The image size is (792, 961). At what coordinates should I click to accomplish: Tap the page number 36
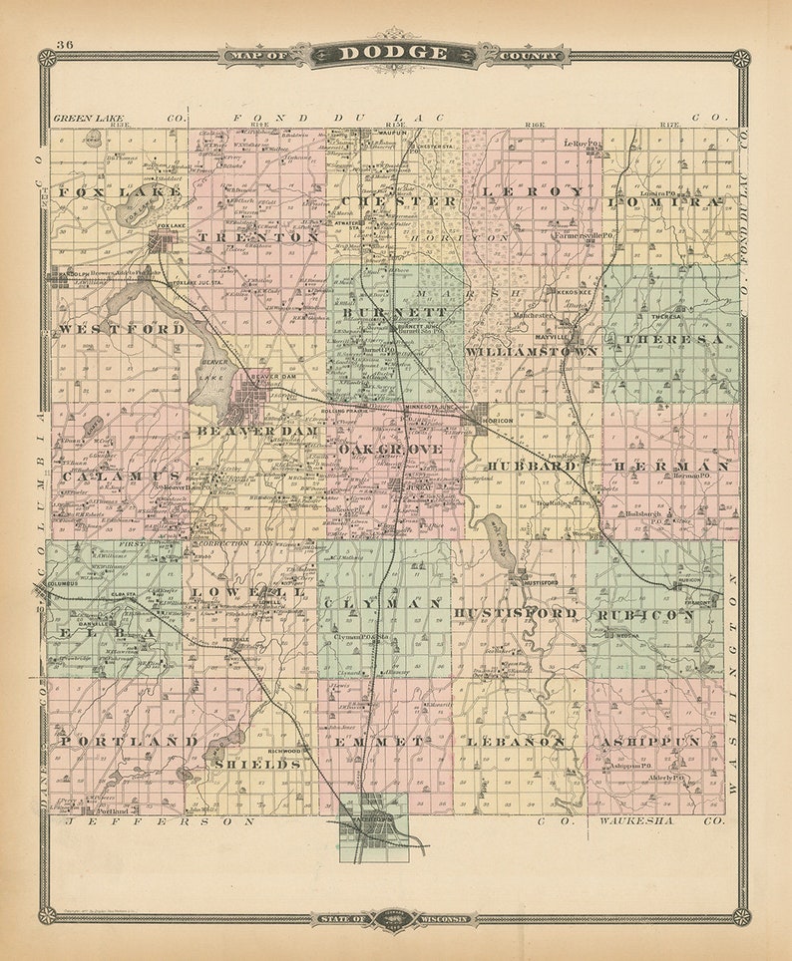point(65,45)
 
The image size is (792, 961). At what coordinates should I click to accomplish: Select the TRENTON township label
point(258,237)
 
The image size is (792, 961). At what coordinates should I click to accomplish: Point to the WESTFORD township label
point(122,328)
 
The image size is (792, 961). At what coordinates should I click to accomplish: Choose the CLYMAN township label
point(383,604)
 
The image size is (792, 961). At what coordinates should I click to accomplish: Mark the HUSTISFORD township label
point(515,613)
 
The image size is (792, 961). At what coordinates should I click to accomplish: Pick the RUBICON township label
point(646,615)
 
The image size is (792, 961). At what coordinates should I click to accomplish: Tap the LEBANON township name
point(515,742)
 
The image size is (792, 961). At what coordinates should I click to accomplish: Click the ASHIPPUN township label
point(649,742)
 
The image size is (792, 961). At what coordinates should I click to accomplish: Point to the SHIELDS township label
point(257,764)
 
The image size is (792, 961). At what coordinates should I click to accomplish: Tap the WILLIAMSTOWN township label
point(532,351)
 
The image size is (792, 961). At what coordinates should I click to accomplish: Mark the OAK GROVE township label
point(389,451)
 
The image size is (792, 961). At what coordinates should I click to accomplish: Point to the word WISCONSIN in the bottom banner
point(440,918)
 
